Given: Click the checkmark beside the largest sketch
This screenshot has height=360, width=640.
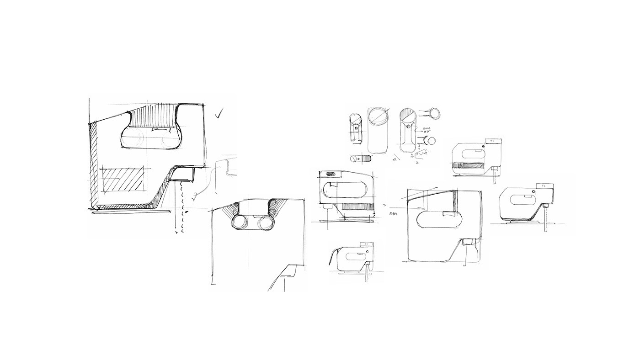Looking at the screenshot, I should click(220, 113).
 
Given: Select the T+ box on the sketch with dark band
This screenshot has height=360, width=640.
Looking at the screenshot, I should click(493, 142).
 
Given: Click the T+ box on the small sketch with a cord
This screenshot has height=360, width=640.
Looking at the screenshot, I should click(366, 244).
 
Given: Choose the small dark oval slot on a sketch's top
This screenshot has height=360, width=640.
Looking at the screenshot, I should click(330, 174).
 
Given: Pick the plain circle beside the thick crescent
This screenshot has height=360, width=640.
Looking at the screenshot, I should click(431, 141).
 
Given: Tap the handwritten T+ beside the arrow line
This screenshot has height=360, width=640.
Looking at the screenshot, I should click(384, 205).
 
